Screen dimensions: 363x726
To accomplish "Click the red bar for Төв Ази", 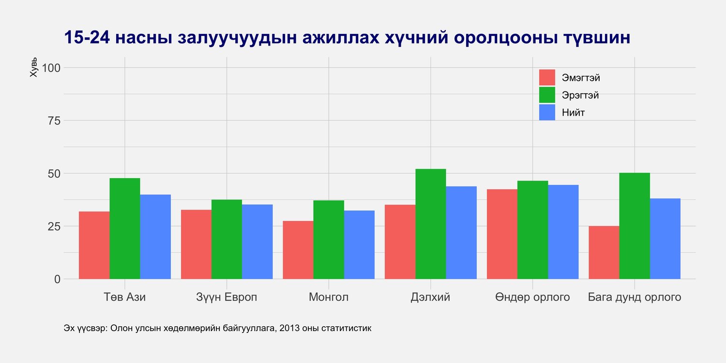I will click(x=94, y=245).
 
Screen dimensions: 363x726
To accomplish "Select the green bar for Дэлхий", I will click(x=430, y=224).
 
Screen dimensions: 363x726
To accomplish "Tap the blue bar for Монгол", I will click(x=359, y=244).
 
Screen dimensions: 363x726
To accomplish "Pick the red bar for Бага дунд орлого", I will click(x=604, y=252).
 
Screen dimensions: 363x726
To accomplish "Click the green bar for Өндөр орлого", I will click(x=532, y=230).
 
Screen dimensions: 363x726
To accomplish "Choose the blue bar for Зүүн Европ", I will click(x=257, y=242).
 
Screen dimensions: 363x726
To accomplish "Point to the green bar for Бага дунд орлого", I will click(x=635, y=226).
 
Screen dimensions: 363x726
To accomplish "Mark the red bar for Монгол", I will click(x=298, y=250).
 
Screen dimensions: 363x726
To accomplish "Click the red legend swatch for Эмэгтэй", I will click(x=547, y=77).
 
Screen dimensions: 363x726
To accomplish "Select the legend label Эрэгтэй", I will click(x=580, y=95).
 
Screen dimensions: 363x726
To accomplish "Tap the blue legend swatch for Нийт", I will click(x=547, y=112).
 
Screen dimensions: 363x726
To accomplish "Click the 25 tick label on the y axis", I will click(x=54, y=226).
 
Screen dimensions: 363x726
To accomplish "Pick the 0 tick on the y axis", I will click(x=58, y=279).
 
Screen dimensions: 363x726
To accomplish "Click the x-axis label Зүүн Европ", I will click(x=227, y=297).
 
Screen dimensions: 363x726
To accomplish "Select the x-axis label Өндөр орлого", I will click(x=532, y=297).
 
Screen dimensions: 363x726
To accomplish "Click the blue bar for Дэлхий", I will click(x=461, y=232).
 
